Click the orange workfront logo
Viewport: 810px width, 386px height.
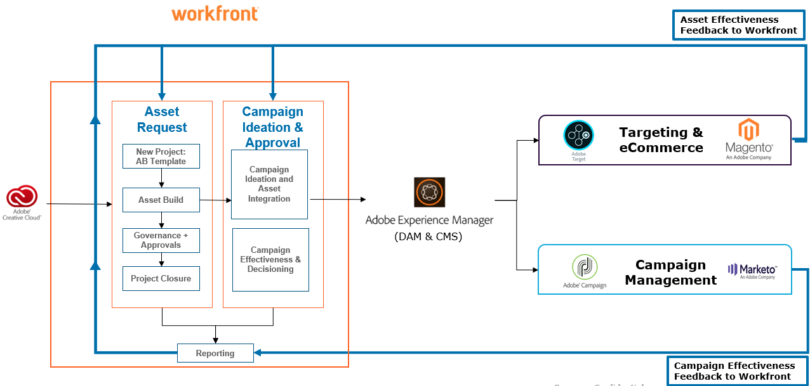(215, 13)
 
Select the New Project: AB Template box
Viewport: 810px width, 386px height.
(161, 157)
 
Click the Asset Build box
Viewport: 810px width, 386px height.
(161, 200)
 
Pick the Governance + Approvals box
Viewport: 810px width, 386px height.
(161, 240)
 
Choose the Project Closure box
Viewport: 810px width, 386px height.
(161, 278)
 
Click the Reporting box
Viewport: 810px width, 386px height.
(215, 353)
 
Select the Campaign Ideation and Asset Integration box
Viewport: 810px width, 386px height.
(269, 184)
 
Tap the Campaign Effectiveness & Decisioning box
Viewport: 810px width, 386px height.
(270, 260)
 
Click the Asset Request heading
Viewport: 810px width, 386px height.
(162, 119)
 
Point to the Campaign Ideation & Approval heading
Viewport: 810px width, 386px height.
(273, 127)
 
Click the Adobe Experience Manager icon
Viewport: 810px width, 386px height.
(429, 193)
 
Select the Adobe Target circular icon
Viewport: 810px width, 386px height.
(578, 136)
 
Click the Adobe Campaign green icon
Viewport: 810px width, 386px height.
(584, 267)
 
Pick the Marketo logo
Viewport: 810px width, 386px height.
(752, 271)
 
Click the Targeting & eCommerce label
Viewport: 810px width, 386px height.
(661, 140)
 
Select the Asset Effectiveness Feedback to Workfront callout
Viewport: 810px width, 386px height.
(738, 25)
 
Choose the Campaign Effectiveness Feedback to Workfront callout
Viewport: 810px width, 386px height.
(734, 371)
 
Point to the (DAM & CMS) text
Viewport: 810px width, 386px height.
(428, 237)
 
